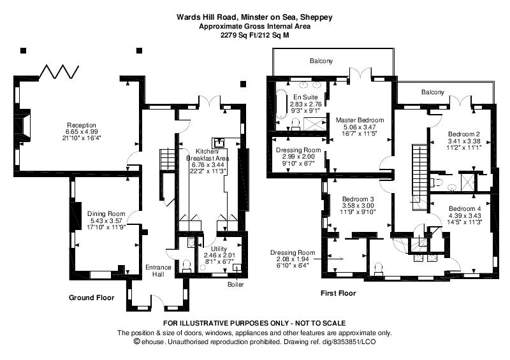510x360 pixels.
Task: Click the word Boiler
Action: (x=235, y=285)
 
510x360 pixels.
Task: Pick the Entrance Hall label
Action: (x=158, y=271)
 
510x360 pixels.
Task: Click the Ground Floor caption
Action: (x=91, y=298)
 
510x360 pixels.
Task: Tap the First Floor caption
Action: (x=339, y=293)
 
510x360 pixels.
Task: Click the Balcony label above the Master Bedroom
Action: (x=321, y=61)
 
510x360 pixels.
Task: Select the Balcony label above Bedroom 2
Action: (x=433, y=92)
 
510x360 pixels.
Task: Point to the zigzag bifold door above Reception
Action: (x=59, y=71)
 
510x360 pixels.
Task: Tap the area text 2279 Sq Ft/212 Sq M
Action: (x=254, y=36)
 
